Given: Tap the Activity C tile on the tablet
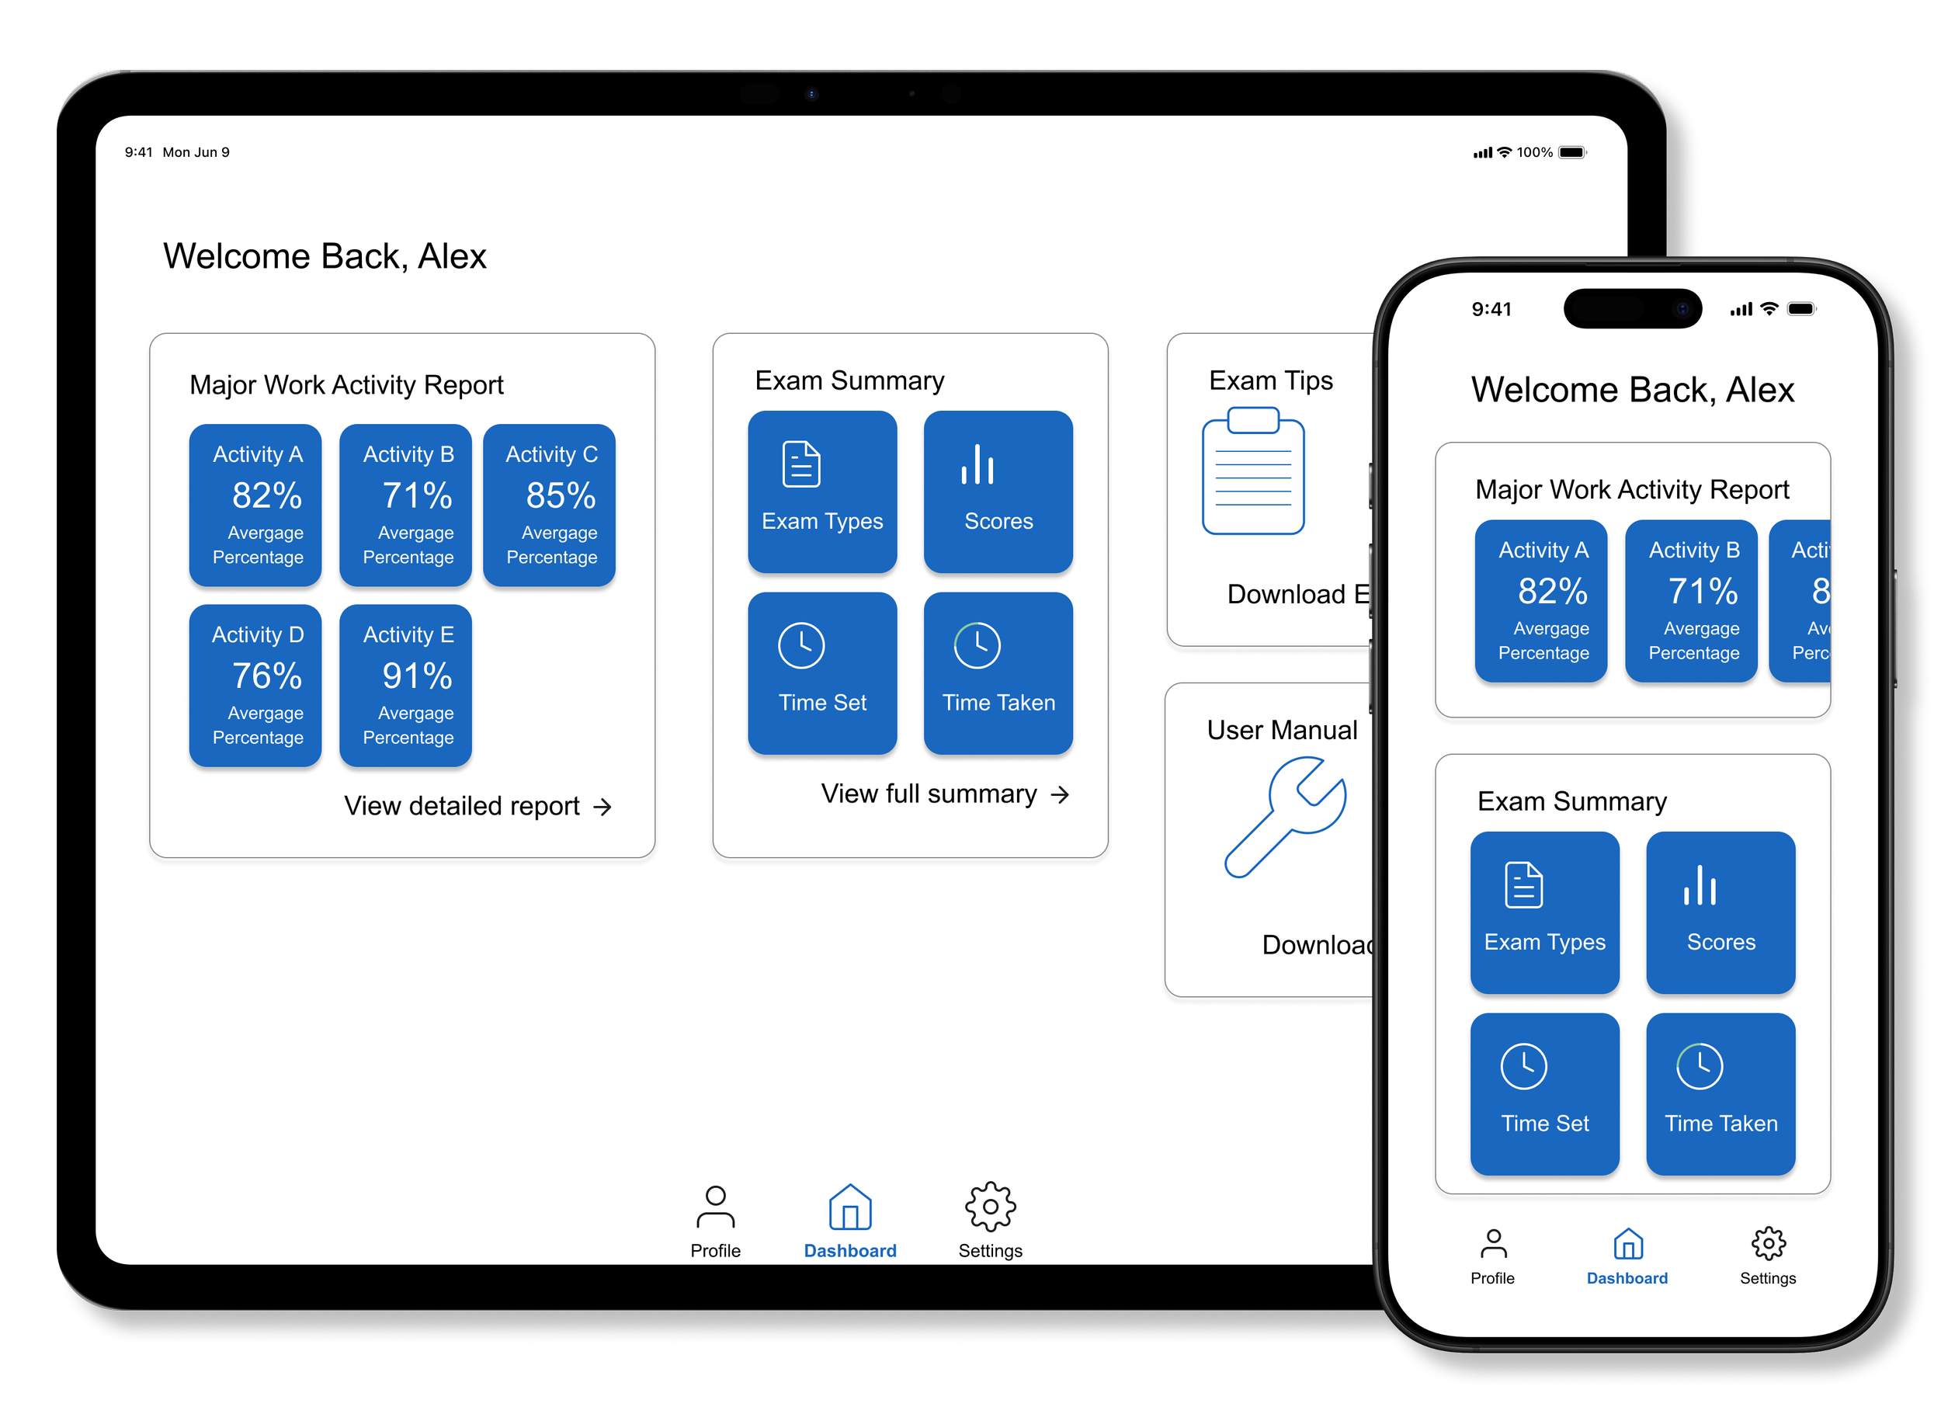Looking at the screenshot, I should pyautogui.click(x=550, y=505).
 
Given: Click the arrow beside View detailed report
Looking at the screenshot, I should pyautogui.click(x=602, y=807).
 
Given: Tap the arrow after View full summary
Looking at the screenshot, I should pyautogui.click(x=1061, y=795).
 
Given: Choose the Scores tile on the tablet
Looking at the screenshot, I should pyautogui.click(x=998, y=492).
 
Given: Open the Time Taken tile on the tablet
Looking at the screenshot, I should pyautogui.click(x=998, y=673).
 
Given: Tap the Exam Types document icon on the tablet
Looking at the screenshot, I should pyautogui.click(x=801, y=464).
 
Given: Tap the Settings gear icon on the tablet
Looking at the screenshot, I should pyautogui.click(x=990, y=1207).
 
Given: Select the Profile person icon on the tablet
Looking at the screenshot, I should pyautogui.click(x=716, y=1207).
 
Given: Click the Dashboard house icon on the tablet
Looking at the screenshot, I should pyautogui.click(x=850, y=1207).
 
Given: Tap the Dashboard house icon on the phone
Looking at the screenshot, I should pyautogui.click(x=1628, y=1245).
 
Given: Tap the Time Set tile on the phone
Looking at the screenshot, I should pyautogui.click(x=1545, y=1094).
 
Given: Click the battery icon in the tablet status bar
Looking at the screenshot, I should pyautogui.click(x=1572, y=152).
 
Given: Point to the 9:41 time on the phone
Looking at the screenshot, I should pyautogui.click(x=1491, y=309).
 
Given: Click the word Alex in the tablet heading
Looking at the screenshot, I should pyautogui.click(x=452, y=257).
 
